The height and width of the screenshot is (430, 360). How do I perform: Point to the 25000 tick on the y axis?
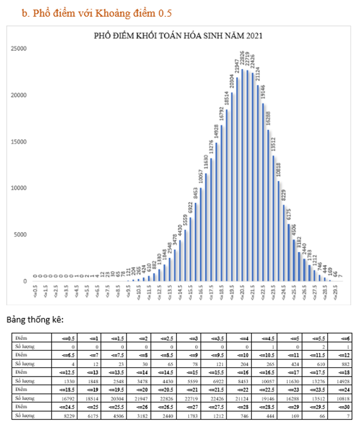click(19, 49)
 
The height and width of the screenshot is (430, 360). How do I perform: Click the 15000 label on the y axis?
click(19, 141)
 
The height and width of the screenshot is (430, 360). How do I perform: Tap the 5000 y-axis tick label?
click(21, 235)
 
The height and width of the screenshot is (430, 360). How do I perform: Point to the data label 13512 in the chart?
click(274, 144)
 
